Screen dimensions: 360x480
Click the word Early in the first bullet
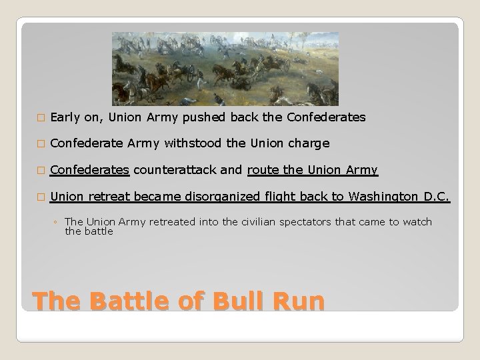[x=65, y=117]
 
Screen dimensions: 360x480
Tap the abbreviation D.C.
[x=438, y=197]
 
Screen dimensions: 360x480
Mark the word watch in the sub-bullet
[x=418, y=222]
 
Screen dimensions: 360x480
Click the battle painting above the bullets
[x=225, y=69]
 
